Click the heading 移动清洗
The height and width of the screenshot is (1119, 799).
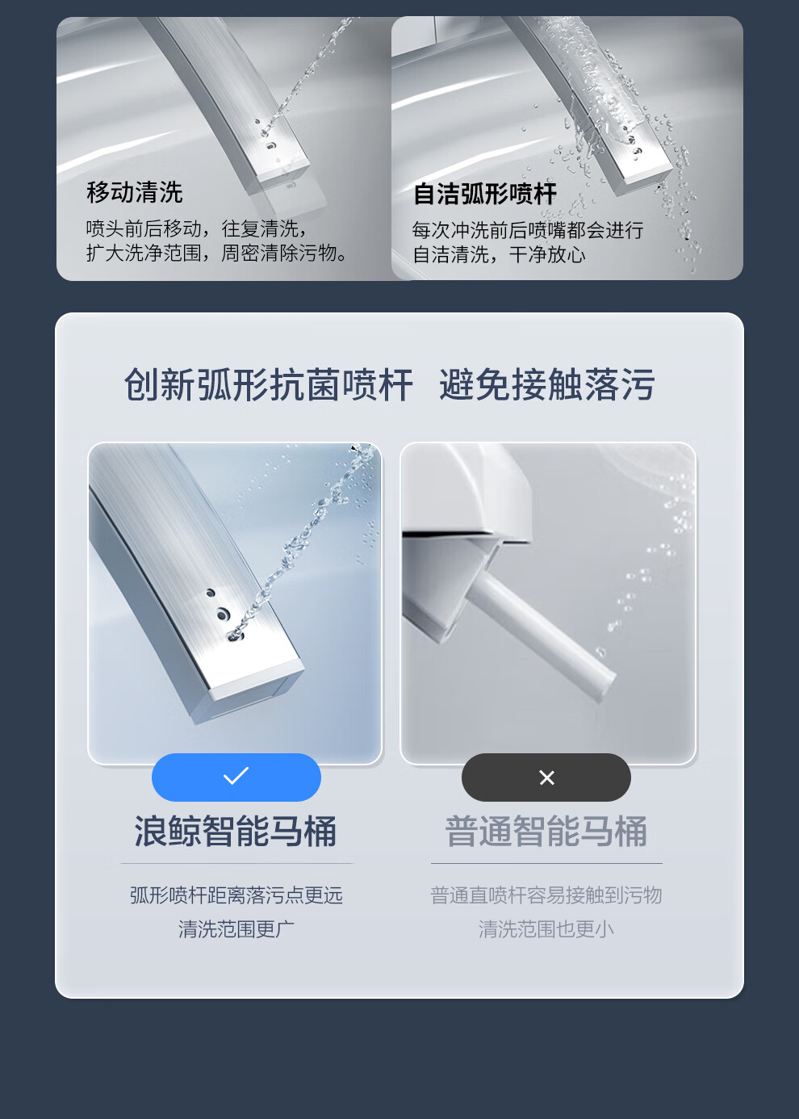click(x=134, y=192)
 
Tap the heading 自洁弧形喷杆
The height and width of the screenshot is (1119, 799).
click(x=485, y=194)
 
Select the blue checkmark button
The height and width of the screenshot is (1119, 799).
click(x=236, y=777)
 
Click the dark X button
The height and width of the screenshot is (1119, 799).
click(x=546, y=777)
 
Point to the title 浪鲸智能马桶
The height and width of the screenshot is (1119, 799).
click(x=235, y=832)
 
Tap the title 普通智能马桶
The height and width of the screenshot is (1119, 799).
click(x=546, y=832)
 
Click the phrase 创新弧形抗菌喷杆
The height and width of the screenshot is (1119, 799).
click(x=268, y=384)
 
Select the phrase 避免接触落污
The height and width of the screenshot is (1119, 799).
click(x=547, y=384)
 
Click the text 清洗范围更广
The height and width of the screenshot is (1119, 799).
click(x=236, y=929)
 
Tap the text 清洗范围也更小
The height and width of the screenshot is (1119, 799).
click(x=546, y=929)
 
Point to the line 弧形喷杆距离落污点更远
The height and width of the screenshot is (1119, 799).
click(x=236, y=895)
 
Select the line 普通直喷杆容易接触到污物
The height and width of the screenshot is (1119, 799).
click(x=546, y=895)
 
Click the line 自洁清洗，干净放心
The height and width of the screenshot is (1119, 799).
click(x=499, y=255)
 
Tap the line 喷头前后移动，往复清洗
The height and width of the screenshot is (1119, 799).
click(x=196, y=228)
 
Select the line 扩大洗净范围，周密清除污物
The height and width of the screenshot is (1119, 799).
click(x=217, y=254)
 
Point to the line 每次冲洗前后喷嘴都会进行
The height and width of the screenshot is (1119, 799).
click(x=528, y=230)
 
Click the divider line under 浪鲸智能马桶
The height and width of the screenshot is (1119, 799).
click(x=237, y=863)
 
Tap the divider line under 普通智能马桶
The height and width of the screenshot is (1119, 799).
click(x=547, y=863)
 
